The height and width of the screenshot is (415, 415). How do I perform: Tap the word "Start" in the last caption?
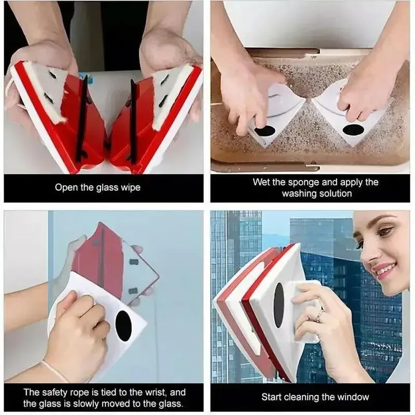(272, 397)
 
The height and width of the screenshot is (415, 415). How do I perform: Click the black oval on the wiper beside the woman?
(279, 305)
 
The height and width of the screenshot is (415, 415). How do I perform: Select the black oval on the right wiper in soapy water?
(353, 130)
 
